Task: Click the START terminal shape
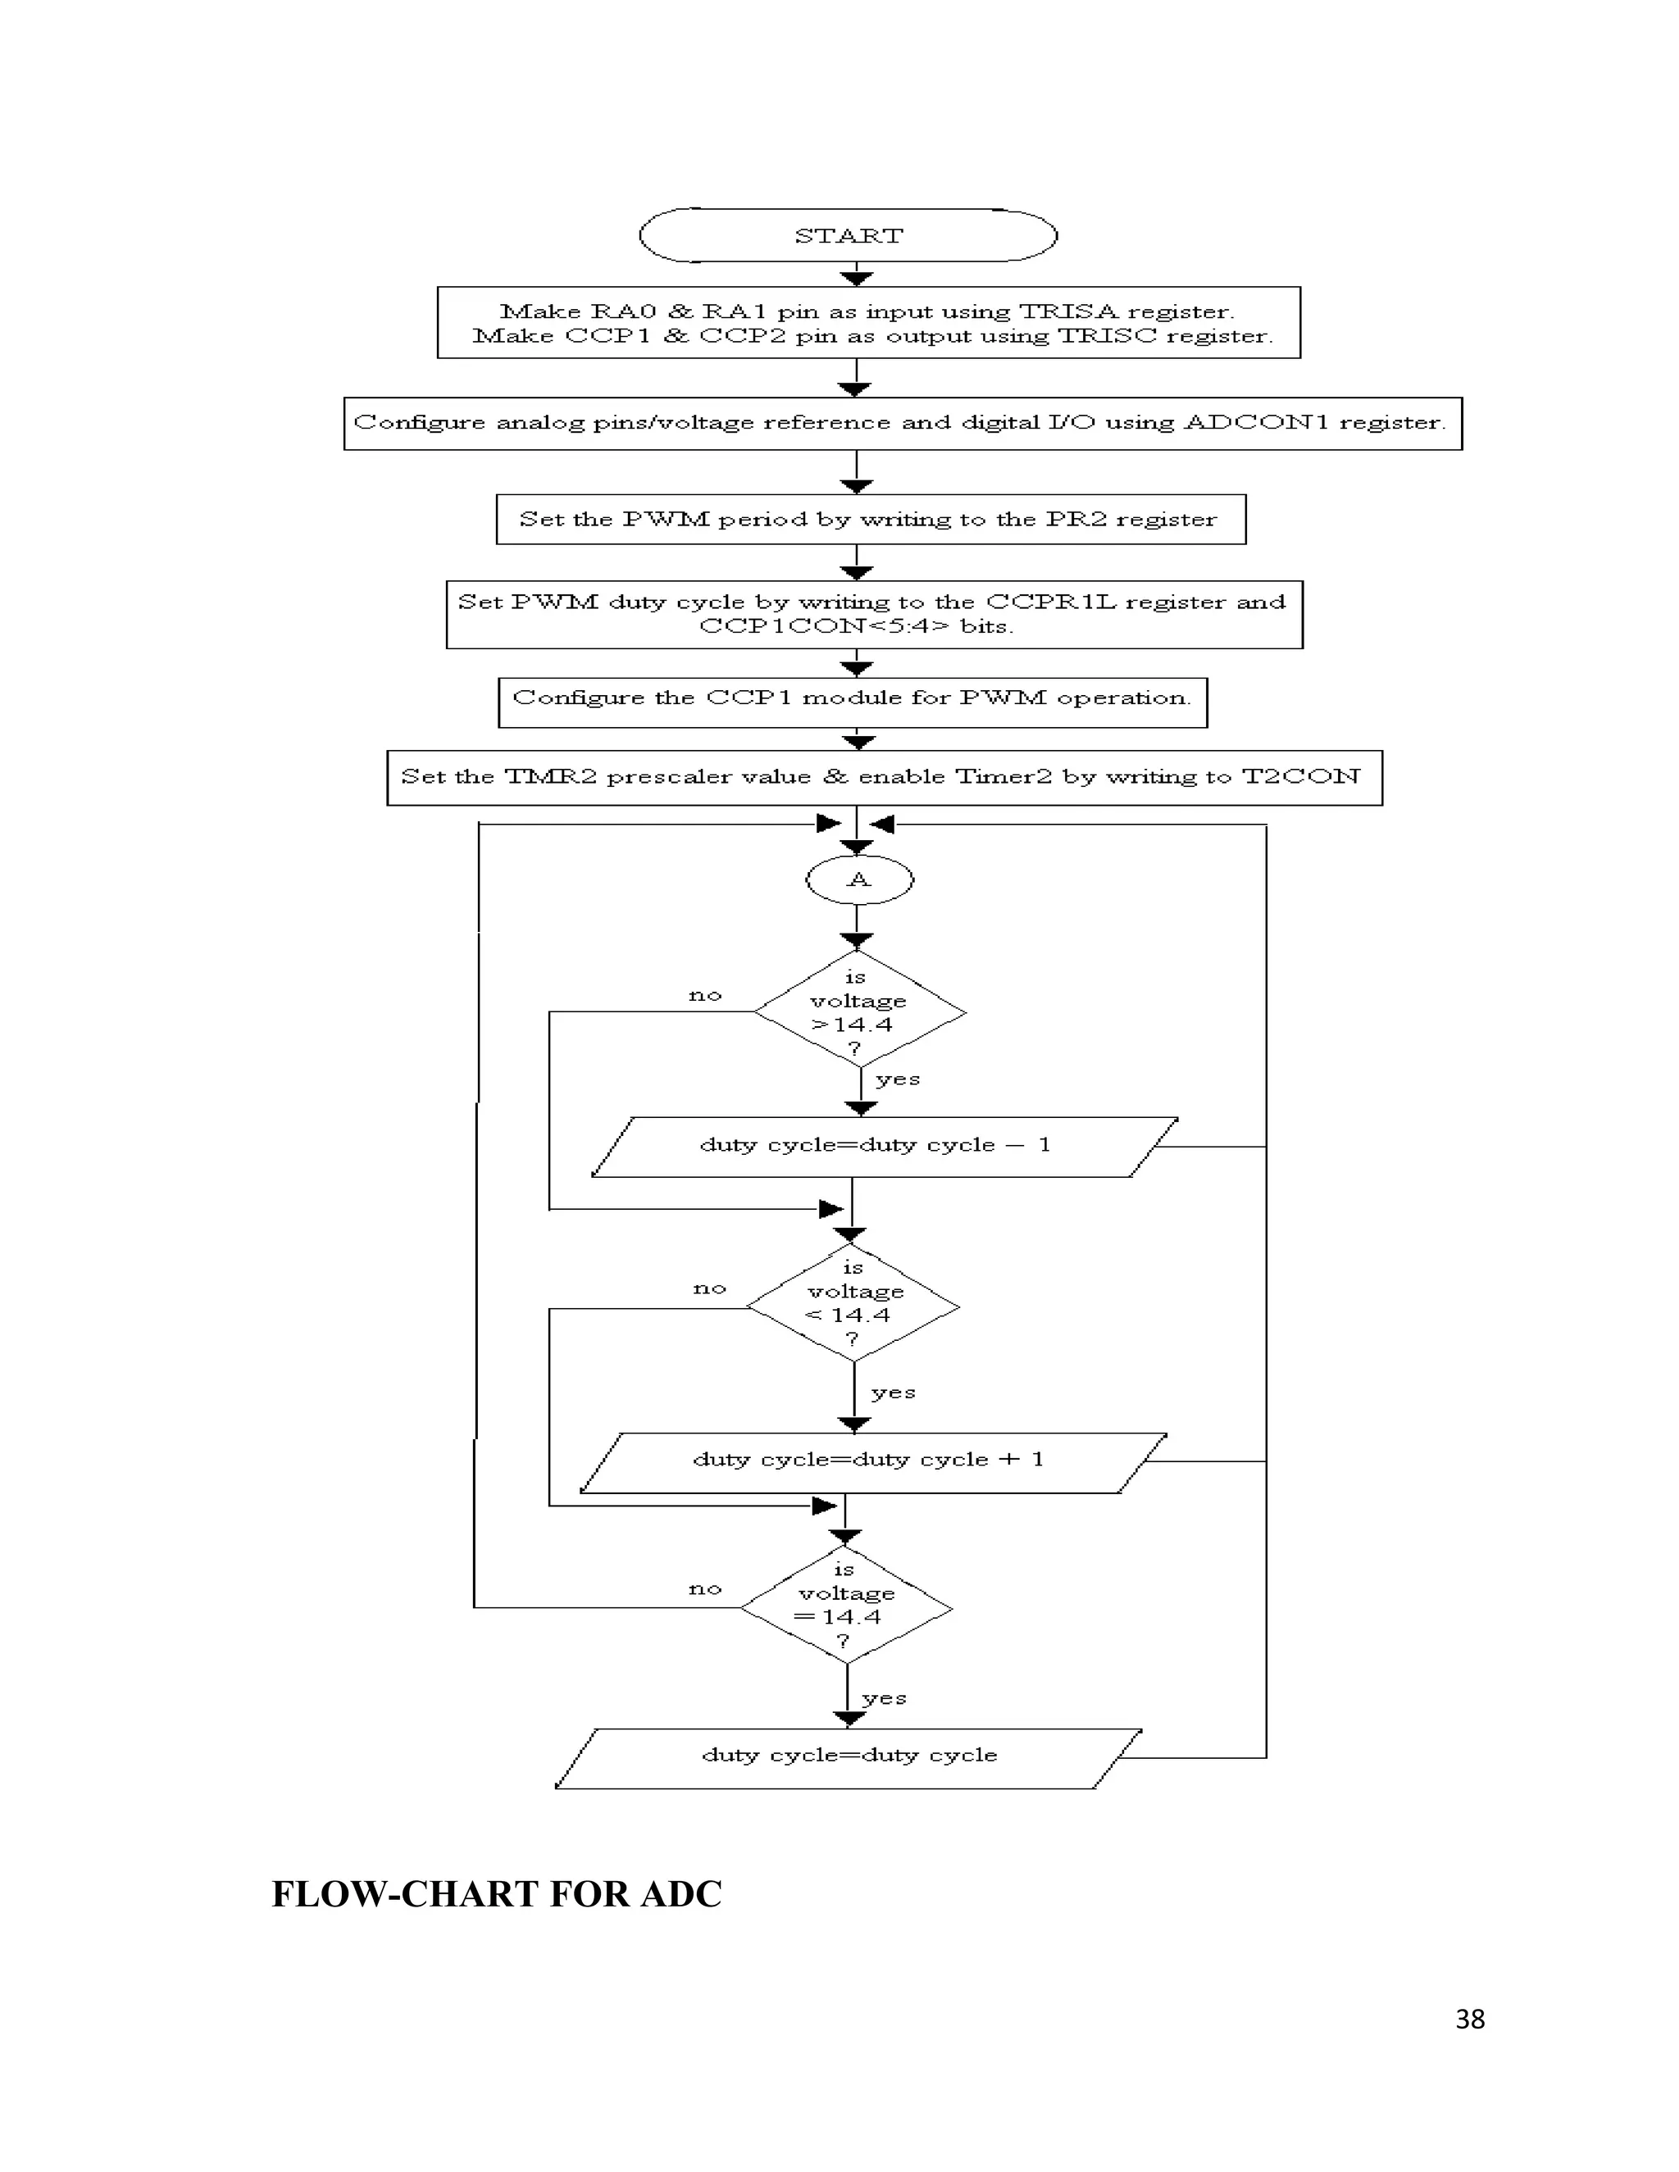click(x=848, y=236)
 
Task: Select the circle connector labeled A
click(x=858, y=879)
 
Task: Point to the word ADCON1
click(x=1256, y=423)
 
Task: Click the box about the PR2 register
click(x=871, y=519)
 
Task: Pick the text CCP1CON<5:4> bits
click(x=855, y=626)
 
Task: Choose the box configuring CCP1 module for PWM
click(x=853, y=699)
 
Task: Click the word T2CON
click(x=1301, y=777)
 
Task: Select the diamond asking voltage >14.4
click(x=858, y=1012)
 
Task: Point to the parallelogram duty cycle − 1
click(x=876, y=1146)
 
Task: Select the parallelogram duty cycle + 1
click(x=868, y=1460)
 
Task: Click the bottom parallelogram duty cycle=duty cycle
click(x=849, y=1756)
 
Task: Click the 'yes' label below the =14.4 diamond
click(x=885, y=1697)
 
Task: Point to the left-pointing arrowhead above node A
click(x=882, y=824)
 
